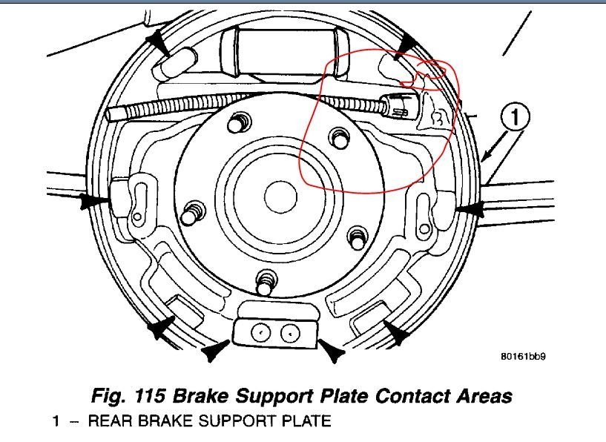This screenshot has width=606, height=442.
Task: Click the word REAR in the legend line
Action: coord(107,422)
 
